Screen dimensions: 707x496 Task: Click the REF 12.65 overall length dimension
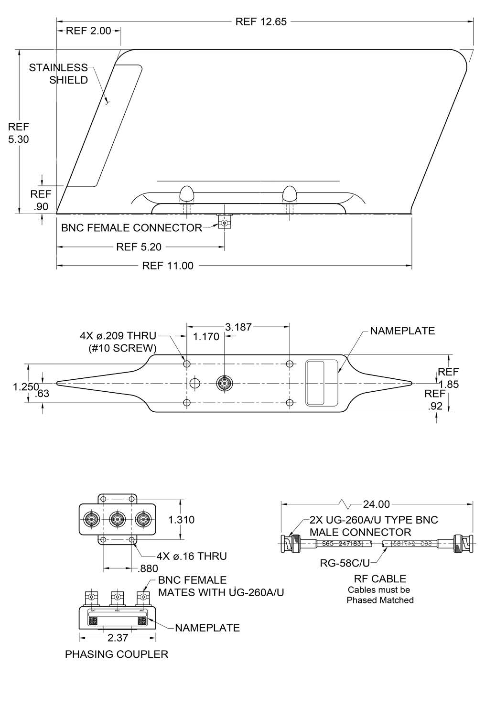261,21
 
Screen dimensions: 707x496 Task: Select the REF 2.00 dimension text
88,31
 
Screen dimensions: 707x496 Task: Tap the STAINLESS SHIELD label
59,74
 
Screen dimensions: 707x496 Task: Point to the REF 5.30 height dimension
19,133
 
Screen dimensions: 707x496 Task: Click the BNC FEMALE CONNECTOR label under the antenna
131,228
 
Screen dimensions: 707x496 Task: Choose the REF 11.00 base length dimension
168,266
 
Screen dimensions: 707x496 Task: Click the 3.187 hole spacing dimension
238,327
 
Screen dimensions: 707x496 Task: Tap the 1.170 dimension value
206,337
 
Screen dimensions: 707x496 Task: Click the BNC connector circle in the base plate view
223,383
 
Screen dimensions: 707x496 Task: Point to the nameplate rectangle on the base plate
315,383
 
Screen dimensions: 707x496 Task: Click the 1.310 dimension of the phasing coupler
182,520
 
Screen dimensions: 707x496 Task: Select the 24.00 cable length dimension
377,504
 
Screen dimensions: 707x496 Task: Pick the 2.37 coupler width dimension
117,638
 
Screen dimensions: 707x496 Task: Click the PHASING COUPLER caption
117,654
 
